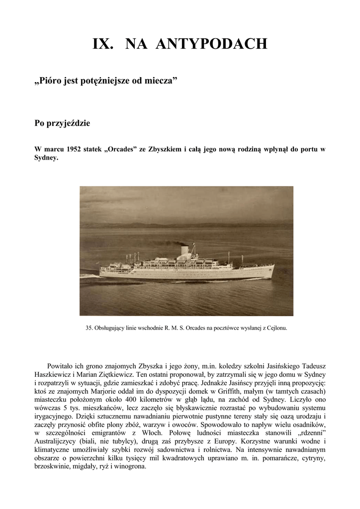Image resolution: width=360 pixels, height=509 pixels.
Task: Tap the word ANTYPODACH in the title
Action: click(x=211, y=44)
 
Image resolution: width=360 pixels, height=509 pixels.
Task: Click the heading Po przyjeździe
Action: click(x=62, y=123)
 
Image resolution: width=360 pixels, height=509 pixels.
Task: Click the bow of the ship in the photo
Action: click(x=271, y=269)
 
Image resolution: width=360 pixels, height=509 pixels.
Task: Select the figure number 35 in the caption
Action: click(x=89, y=328)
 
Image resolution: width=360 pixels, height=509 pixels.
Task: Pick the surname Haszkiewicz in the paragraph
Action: click(x=53, y=374)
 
